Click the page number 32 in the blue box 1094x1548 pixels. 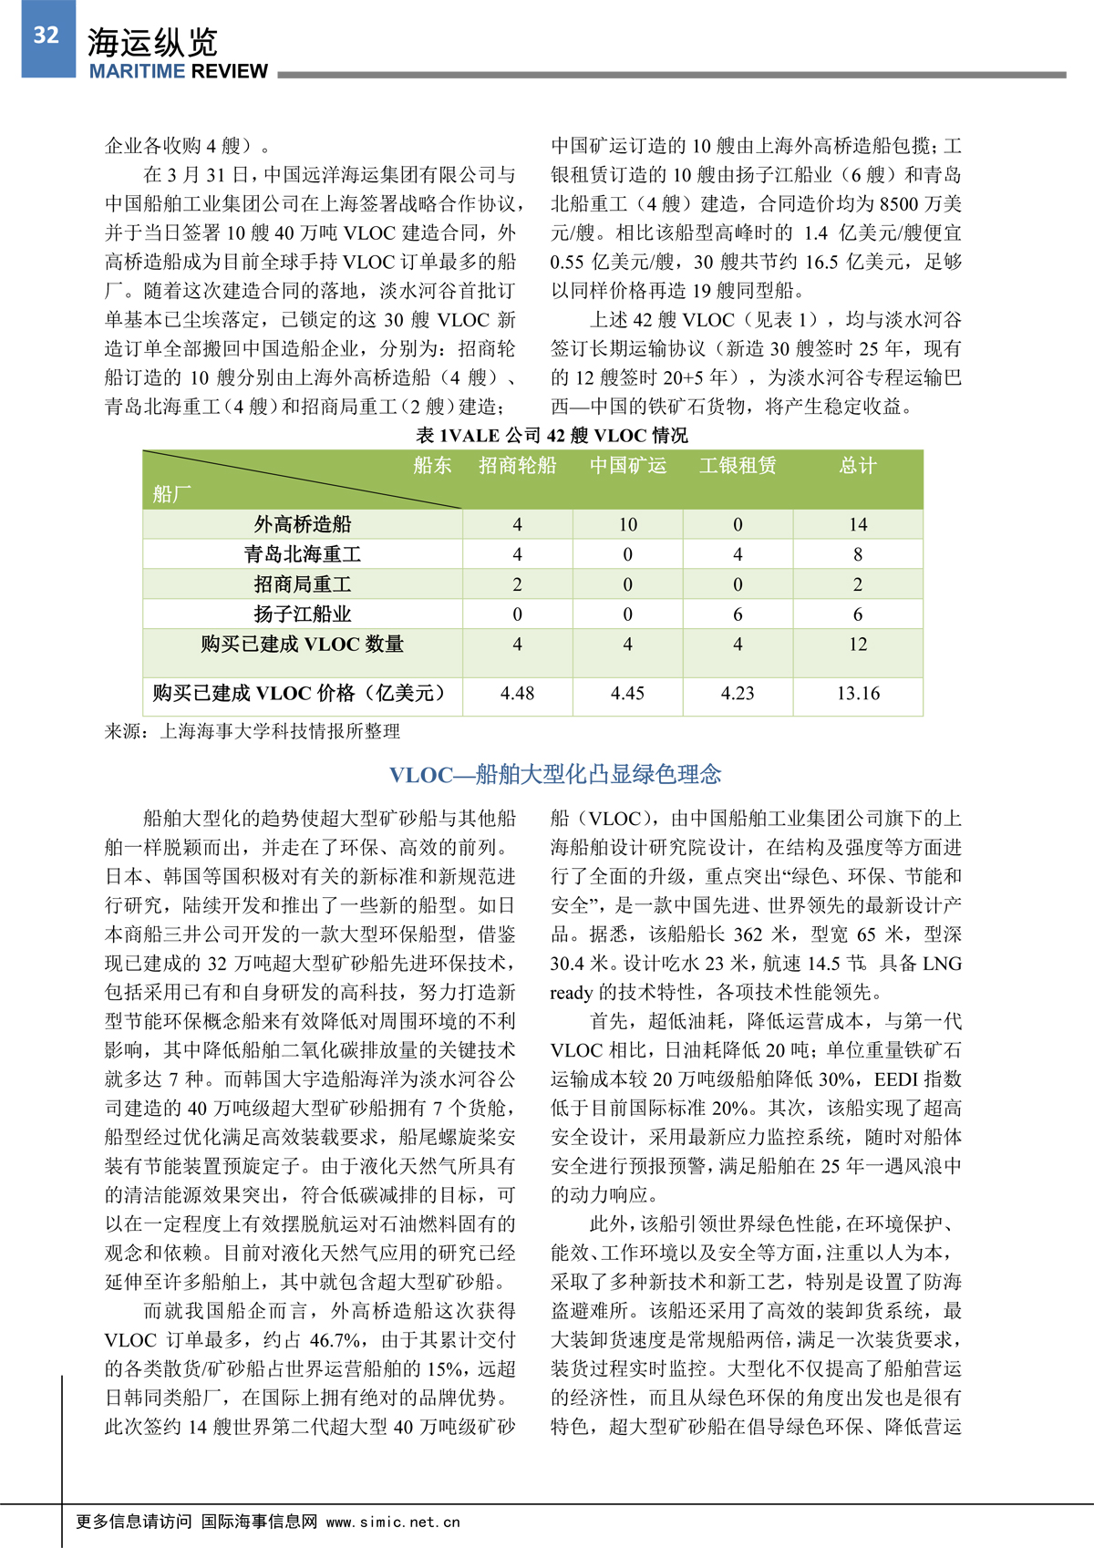pos(46,36)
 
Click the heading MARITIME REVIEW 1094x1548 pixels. pos(179,72)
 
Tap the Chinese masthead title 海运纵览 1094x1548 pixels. pos(152,42)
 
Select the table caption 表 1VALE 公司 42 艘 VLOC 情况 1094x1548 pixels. pos(552,436)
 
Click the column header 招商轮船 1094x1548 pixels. pos(517,466)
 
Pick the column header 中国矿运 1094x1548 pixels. pos(627,466)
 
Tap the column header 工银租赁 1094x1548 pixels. pos(738,466)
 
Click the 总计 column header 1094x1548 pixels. pos(857,466)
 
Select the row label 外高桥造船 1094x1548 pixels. pos(303,524)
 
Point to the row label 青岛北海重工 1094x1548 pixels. pos(303,554)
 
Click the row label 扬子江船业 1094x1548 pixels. pos(303,614)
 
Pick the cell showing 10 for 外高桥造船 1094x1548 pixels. pos(627,524)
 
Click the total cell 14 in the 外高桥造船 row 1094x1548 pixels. pos(857,524)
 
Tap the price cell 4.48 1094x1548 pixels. pos(517,694)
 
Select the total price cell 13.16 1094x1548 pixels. pos(858,694)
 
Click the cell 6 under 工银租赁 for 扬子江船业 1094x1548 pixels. pos(738,614)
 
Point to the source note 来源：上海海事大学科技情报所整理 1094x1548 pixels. pos(253,731)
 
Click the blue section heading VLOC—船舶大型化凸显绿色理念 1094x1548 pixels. pos(555,775)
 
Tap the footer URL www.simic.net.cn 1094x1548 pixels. pos(393,1522)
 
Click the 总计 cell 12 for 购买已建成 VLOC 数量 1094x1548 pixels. pos(857,645)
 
